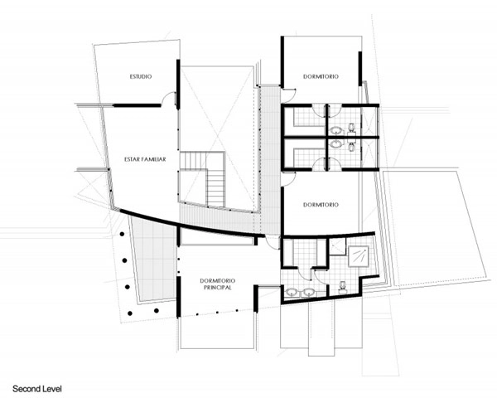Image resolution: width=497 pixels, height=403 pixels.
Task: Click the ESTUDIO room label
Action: point(141,76)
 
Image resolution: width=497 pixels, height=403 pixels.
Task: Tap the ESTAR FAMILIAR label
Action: point(145,159)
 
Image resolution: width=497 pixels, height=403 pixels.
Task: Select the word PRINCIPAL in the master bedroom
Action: point(217,288)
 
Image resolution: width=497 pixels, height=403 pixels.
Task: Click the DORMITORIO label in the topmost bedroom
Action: point(321,76)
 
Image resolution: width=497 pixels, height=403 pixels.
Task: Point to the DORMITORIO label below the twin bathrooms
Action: point(321,205)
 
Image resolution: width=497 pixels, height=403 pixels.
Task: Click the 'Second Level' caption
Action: point(37,389)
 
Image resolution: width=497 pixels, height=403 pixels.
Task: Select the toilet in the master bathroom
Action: point(343,287)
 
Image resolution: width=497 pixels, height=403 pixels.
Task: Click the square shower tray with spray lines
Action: point(359,256)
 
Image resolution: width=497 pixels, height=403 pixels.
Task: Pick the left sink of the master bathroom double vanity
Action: point(292,292)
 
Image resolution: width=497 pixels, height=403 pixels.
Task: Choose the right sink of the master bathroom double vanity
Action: point(308,292)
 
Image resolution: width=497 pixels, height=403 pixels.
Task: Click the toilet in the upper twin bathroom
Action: point(351,128)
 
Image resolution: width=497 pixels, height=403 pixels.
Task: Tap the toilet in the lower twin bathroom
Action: point(351,147)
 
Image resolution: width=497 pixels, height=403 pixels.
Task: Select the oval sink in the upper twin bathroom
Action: point(336,130)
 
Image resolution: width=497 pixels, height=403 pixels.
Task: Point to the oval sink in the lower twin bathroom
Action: point(336,144)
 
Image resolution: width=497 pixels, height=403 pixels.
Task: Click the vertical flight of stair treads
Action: point(216,188)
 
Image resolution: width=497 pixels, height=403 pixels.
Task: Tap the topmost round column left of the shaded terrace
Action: point(122,234)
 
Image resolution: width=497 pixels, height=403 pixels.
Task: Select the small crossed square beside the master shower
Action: point(338,247)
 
